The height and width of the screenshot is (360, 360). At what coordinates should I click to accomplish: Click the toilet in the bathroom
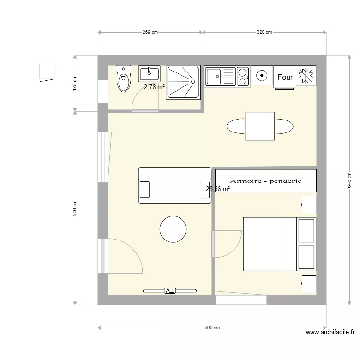(x=124, y=79)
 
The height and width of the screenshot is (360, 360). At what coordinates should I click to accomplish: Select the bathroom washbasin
(x=150, y=74)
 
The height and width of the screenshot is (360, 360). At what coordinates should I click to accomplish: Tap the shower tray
(x=182, y=83)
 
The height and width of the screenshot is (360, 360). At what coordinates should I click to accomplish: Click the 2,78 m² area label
(x=154, y=87)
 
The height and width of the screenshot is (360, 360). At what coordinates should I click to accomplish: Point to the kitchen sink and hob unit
(x=227, y=77)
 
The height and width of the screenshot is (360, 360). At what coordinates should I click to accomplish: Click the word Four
(x=285, y=77)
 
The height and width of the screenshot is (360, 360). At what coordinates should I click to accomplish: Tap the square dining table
(x=260, y=126)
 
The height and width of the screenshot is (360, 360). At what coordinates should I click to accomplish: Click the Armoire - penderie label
(x=265, y=181)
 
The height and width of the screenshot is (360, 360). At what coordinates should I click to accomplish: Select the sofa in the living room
(x=175, y=185)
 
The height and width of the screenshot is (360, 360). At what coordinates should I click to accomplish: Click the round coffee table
(x=173, y=229)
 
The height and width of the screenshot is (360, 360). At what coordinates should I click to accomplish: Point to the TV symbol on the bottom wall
(x=170, y=290)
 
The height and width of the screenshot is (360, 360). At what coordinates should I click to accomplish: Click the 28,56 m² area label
(x=218, y=189)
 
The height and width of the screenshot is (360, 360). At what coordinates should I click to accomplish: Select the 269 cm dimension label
(x=150, y=33)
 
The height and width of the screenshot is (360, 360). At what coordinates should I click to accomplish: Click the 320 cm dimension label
(x=264, y=33)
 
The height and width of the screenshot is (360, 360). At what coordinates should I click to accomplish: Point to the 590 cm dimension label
(x=212, y=328)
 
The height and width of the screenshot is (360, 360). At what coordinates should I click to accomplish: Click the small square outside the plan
(x=47, y=72)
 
